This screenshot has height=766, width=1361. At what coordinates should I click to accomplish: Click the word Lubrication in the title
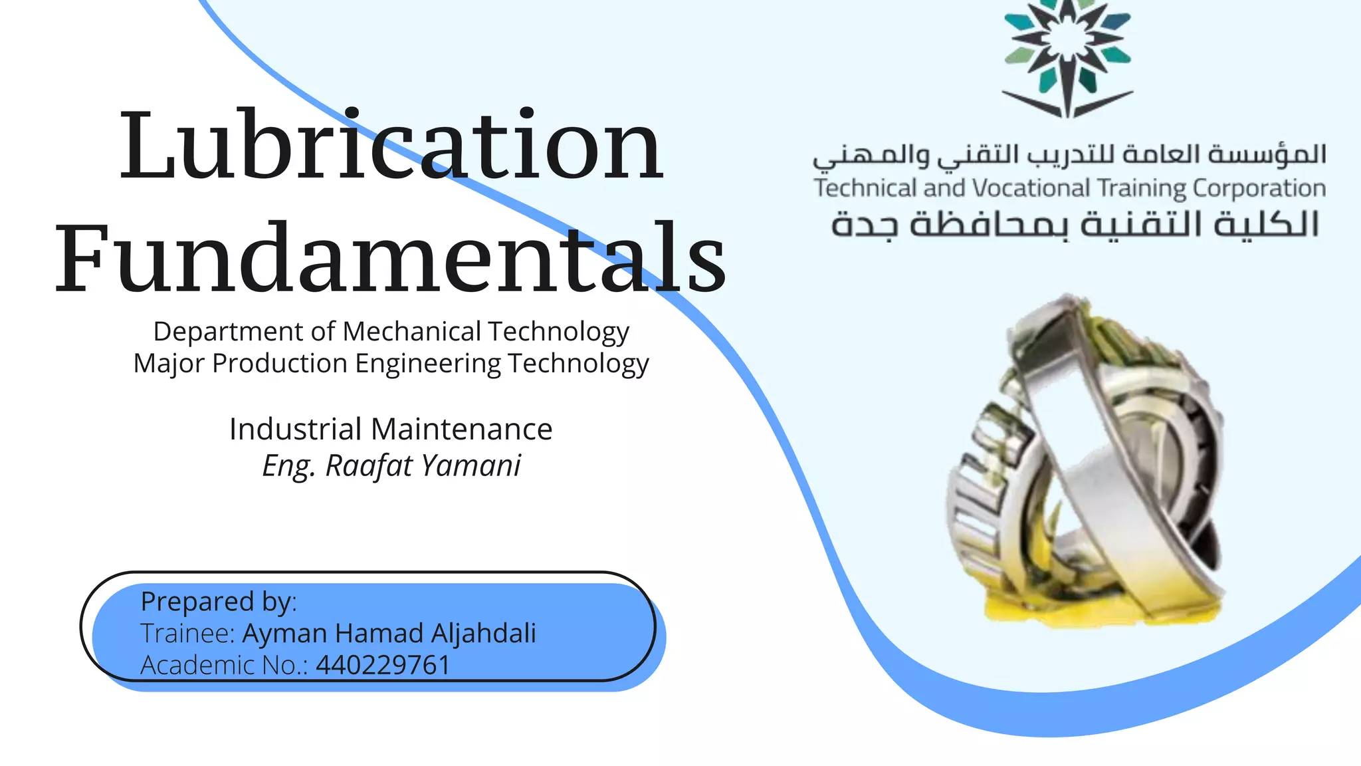[x=391, y=145]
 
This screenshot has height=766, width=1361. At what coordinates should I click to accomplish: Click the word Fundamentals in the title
[x=391, y=258]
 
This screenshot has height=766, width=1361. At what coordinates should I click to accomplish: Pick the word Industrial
[x=296, y=429]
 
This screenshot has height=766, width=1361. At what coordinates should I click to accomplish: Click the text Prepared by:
[x=219, y=602]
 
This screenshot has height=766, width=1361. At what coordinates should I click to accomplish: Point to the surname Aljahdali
[x=483, y=633]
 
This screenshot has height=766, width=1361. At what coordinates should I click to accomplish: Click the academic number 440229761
[x=383, y=665]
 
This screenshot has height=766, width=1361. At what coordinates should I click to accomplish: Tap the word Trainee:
[x=188, y=634]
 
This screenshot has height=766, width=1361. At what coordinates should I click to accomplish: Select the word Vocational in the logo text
[x=1032, y=188]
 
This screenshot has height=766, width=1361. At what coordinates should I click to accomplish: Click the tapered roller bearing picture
[x=1090, y=452]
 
